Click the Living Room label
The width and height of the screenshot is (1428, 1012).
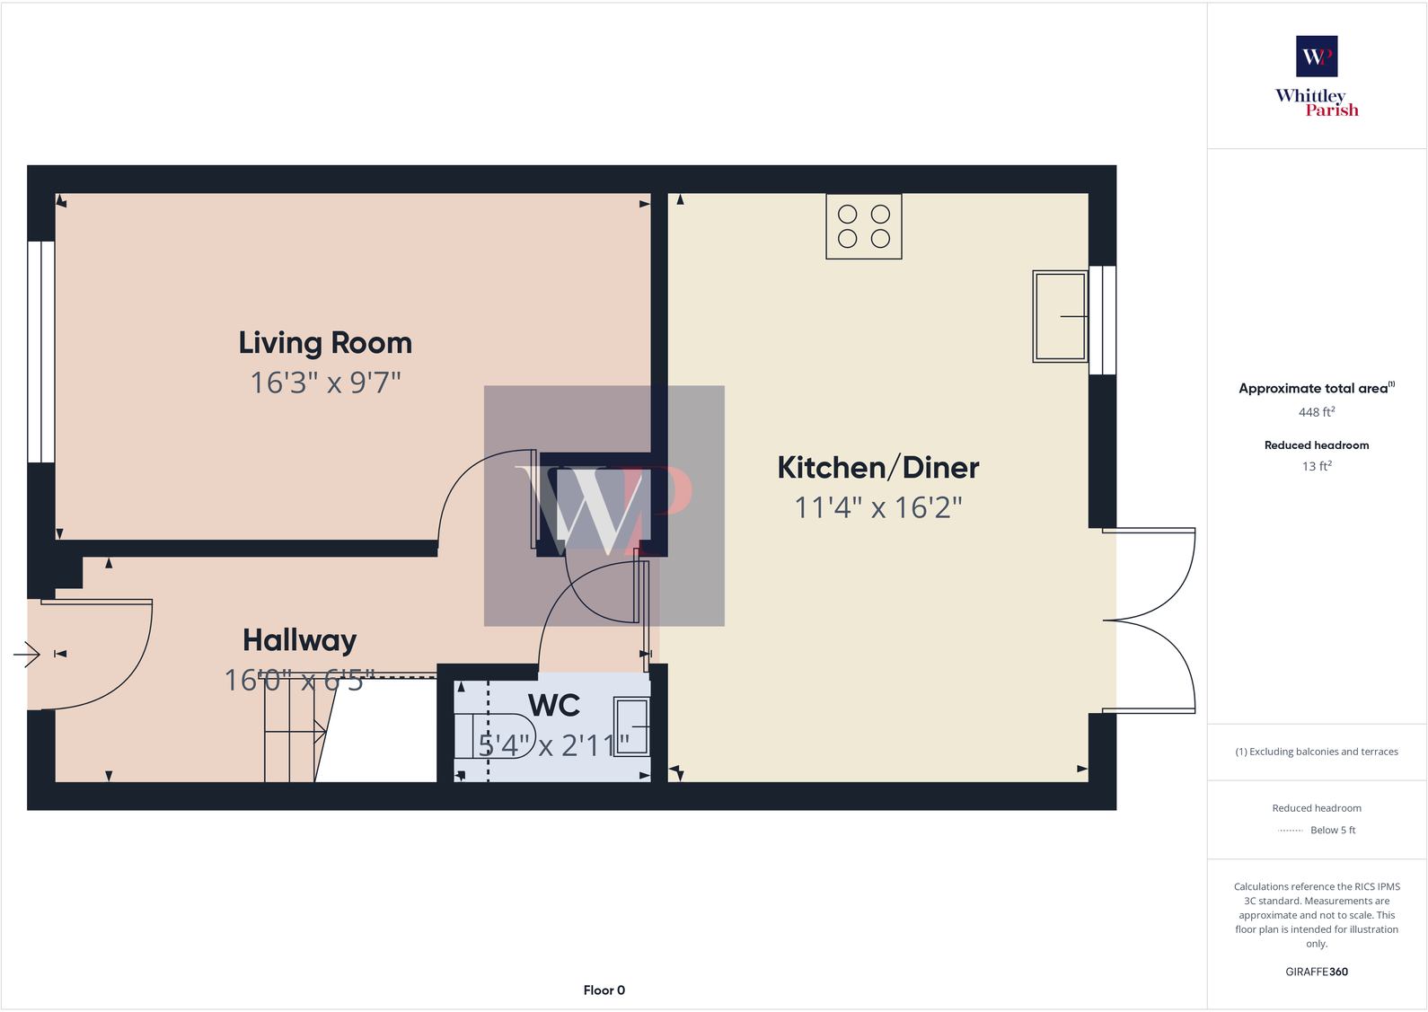tap(325, 343)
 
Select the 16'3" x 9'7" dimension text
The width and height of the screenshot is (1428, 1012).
tap(325, 383)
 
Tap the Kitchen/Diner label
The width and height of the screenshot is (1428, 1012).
tap(877, 468)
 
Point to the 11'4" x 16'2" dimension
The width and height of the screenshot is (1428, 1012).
tap(877, 507)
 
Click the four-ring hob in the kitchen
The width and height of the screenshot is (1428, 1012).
tap(863, 226)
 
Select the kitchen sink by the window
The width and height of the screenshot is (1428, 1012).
tap(1060, 316)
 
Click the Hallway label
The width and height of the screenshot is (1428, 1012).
tap(299, 640)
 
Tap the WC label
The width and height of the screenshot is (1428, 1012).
tap(554, 706)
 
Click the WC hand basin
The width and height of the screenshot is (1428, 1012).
tap(631, 726)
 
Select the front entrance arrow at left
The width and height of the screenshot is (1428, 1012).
tap(28, 655)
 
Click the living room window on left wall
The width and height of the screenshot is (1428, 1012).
tap(40, 352)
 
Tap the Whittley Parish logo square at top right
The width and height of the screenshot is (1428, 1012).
tap(1316, 56)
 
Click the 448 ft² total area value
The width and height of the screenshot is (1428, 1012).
tap(1316, 412)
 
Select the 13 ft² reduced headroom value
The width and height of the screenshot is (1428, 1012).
tap(1316, 466)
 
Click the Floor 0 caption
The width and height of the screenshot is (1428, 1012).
tap(604, 990)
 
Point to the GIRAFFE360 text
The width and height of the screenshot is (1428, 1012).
tap(1316, 972)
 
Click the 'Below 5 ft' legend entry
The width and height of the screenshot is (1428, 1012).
tap(1332, 831)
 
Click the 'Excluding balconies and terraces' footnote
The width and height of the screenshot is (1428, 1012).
tap(1316, 752)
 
